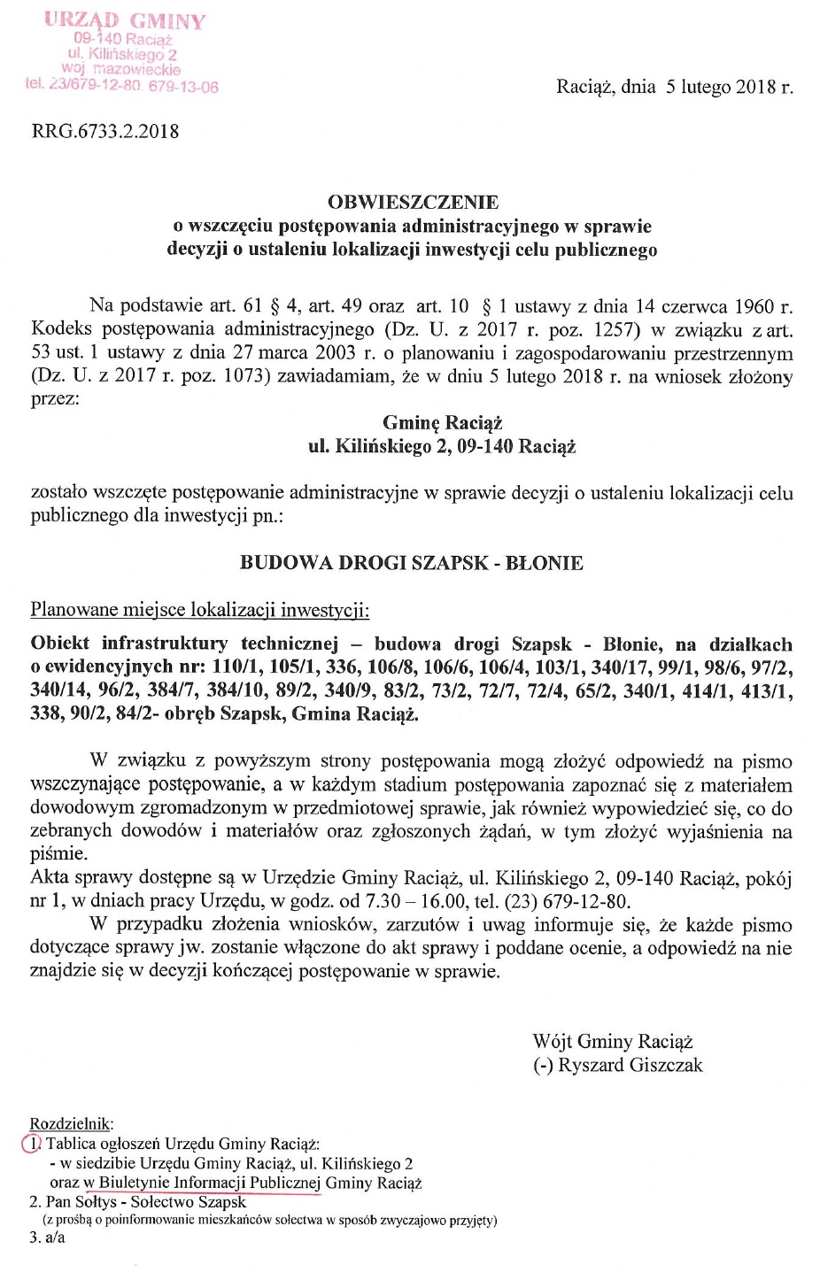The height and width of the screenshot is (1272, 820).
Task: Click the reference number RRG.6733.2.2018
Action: coord(104,132)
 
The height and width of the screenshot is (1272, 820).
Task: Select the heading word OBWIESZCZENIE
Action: coord(413,203)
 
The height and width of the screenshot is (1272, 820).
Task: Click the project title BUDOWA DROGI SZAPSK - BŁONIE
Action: coord(412,563)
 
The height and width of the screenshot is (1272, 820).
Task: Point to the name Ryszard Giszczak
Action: coord(630,1065)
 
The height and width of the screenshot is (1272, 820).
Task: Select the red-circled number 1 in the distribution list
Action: coord(30,1143)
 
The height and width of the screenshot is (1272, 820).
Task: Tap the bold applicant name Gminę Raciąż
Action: coord(442,423)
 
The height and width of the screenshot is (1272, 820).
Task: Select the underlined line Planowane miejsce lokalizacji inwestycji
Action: coord(200,610)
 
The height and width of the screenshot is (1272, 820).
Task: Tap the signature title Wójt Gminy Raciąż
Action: coord(612,1042)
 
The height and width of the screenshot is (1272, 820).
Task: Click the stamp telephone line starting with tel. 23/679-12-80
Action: coord(122,86)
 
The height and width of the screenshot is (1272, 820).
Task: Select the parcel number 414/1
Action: coord(710,690)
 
